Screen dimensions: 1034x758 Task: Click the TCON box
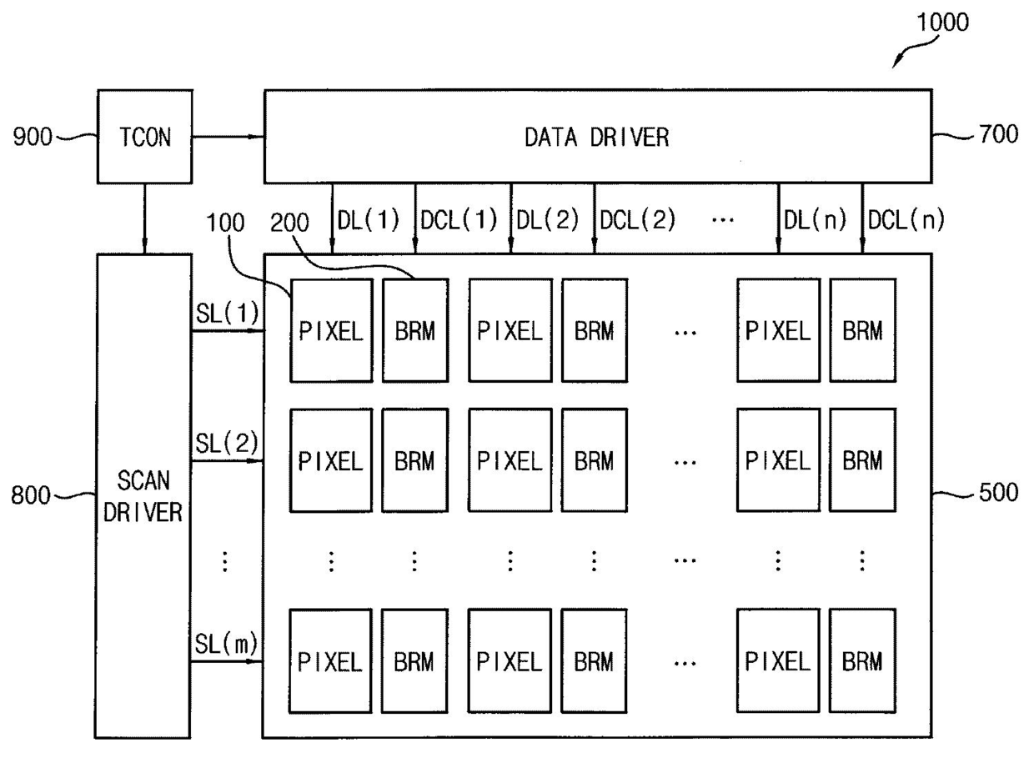point(145,137)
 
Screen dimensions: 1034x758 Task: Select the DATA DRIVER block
point(598,137)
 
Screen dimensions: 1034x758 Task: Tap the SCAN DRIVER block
point(143,496)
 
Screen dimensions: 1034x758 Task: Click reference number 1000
point(942,23)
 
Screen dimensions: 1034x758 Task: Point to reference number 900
point(33,137)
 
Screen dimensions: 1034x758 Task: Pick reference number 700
point(999,134)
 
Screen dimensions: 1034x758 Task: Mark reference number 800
point(31,495)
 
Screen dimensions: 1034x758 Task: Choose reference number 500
point(998,493)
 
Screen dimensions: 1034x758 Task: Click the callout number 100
point(225,223)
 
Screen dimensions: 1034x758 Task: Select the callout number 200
point(289,223)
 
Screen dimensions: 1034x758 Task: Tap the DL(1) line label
point(369,220)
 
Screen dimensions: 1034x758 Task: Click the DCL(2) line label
point(637,220)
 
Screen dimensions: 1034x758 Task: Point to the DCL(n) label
point(906,220)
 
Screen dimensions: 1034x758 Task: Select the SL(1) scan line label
point(227,314)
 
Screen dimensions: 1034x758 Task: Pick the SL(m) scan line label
point(226,644)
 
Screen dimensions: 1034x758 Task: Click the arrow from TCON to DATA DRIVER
point(228,137)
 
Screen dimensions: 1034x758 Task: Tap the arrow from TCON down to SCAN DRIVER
point(144,218)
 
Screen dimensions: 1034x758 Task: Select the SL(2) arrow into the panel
point(227,460)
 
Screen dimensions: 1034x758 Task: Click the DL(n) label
point(816,220)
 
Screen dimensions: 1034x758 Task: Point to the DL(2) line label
point(548,220)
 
